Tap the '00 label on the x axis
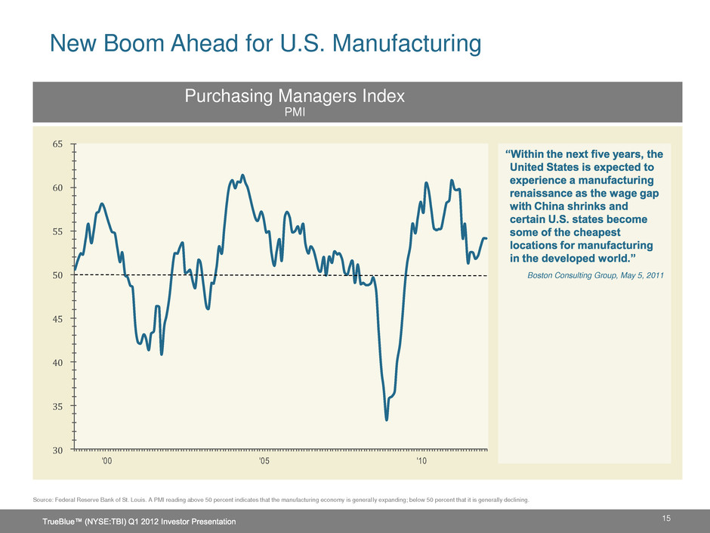pyautogui.click(x=107, y=461)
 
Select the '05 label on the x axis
pyautogui.click(x=264, y=461)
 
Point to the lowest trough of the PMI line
pyautogui.click(x=387, y=420)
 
